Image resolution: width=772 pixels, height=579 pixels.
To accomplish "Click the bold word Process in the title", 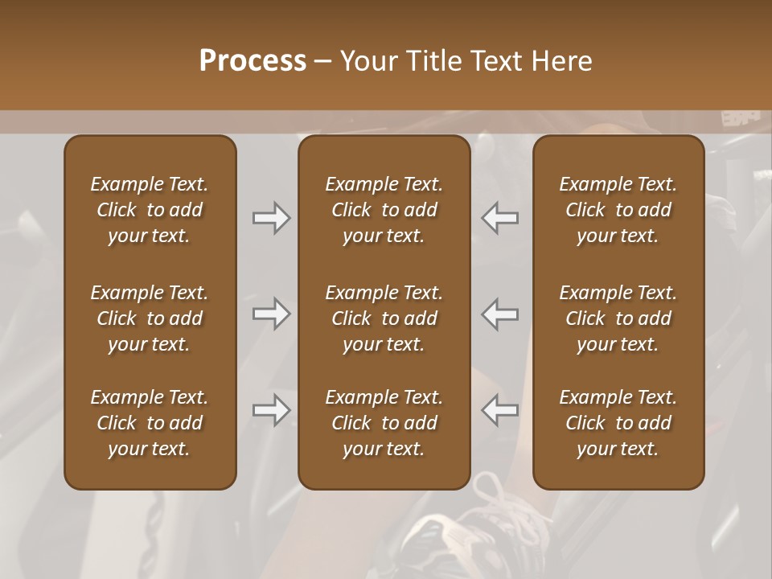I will [x=253, y=61].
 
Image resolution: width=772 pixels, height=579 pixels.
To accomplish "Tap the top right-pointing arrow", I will [x=271, y=218].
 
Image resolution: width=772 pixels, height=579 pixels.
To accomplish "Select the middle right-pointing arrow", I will [x=271, y=314].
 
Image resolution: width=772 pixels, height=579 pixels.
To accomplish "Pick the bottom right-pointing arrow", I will [x=271, y=410].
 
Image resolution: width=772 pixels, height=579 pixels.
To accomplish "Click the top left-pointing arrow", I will [x=500, y=218].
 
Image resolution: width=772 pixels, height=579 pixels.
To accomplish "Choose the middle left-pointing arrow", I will [x=500, y=314].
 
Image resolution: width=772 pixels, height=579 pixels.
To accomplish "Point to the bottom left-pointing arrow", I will [x=500, y=410].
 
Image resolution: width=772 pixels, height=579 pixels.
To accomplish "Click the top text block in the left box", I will [x=150, y=210].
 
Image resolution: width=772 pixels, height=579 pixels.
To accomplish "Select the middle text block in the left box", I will [x=150, y=318].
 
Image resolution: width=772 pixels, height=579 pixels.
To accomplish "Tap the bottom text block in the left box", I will [x=150, y=423].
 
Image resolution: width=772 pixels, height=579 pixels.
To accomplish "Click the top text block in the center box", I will [x=384, y=210].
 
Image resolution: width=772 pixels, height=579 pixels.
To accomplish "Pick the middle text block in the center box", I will [x=384, y=318].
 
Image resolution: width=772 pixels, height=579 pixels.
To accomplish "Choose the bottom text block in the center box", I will [x=384, y=423].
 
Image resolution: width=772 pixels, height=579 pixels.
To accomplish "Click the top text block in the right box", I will [x=618, y=210].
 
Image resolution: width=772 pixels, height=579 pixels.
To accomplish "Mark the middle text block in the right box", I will [x=618, y=318].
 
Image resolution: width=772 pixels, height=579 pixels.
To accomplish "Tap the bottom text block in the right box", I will [x=618, y=423].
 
